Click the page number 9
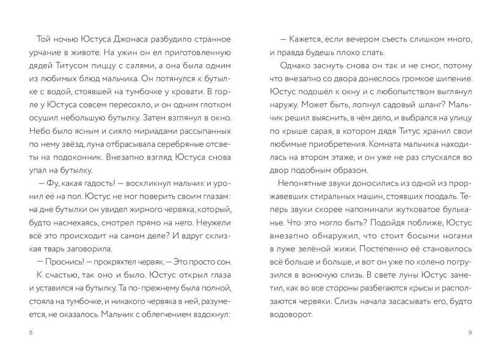[470, 332]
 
